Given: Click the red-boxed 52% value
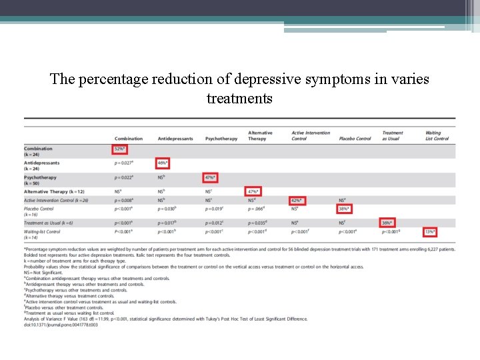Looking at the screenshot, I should click(120, 149).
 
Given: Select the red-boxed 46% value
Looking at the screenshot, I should click(163, 163).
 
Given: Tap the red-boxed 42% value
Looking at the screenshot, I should click(297, 200).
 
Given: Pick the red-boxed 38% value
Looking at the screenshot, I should click(344, 209).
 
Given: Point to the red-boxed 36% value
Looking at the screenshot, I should click(387, 223).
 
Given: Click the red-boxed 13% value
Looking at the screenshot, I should click(430, 231).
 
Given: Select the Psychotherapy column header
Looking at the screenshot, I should click(221, 139).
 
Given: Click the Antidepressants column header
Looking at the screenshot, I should click(175, 139).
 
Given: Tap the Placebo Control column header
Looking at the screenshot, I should click(355, 139).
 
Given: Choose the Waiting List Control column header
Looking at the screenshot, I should click(437, 135).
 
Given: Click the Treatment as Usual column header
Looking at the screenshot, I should click(393, 135).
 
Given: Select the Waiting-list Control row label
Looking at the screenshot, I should click(42, 231).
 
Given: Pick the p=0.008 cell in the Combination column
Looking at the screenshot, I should click(124, 200).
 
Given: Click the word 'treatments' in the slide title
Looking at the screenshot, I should click(239, 99).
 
